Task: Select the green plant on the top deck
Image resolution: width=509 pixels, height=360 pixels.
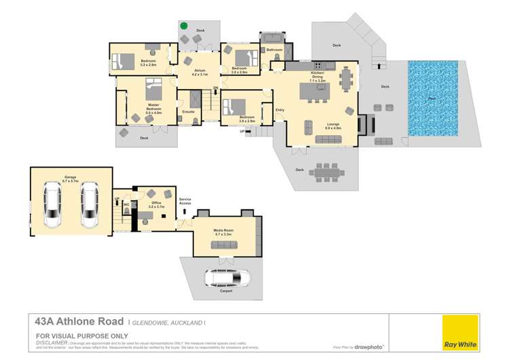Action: click(x=184, y=26)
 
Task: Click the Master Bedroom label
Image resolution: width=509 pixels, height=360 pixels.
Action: click(x=153, y=107)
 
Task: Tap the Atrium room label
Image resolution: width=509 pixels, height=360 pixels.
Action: click(x=200, y=72)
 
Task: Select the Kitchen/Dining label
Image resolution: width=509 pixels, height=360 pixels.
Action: click(x=318, y=75)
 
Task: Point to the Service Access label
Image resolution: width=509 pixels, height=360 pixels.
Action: click(x=185, y=201)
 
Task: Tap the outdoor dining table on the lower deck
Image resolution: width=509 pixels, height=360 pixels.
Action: click(x=329, y=174)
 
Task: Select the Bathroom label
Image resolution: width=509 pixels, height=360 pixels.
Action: click(x=274, y=50)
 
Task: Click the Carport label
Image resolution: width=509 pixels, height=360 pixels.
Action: click(x=225, y=291)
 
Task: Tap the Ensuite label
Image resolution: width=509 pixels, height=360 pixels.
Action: click(x=188, y=111)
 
